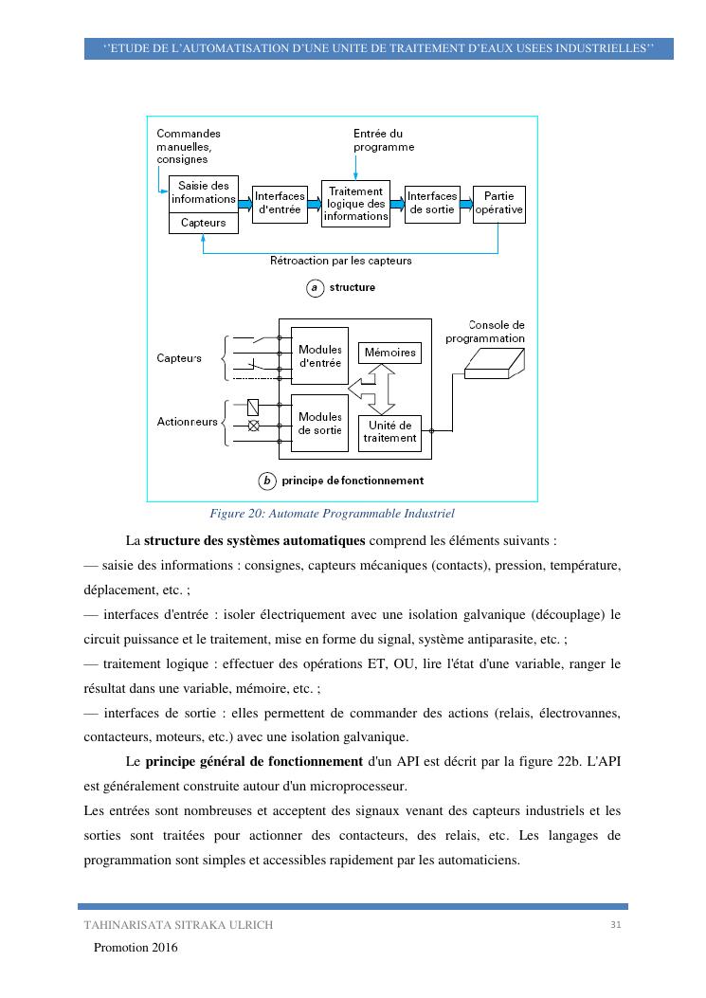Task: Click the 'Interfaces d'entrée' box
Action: click(x=280, y=203)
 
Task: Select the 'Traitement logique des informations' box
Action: click(x=355, y=203)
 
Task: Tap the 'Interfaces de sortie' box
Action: click(x=432, y=203)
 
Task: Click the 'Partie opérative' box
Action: click(x=498, y=203)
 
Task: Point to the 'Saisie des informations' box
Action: click(x=203, y=193)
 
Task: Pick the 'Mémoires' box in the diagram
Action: click(x=389, y=353)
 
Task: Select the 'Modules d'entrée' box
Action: click(x=319, y=355)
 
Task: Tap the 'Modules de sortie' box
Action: click(x=319, y=424)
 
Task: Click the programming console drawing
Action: click(x=494, y=361)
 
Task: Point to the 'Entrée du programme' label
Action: click(x=384, y=140)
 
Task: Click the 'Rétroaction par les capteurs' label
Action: click(x=341, y=260)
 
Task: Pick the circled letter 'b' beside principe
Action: click(x=268, y=481)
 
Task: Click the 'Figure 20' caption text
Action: click(x=332, y=514)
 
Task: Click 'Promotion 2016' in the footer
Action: click(x=136, y=947)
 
